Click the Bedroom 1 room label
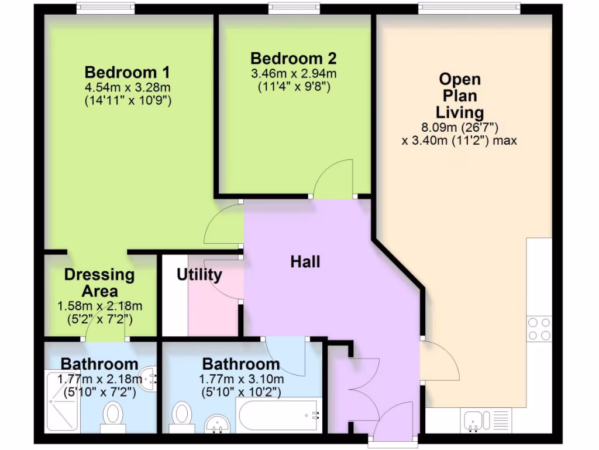[127, 73]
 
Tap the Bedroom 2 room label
[293, 59]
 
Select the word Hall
[305, 262]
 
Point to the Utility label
[199, 275]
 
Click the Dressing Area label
[99, 282]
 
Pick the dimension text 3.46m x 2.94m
[294, 74]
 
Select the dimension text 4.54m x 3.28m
[127, 88]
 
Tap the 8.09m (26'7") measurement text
[459, 127]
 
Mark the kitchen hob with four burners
[539, 329]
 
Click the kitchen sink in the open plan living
[476, 420]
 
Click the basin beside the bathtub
[217, 423]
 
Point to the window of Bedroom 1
[105, 8]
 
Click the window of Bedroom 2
[294, 8]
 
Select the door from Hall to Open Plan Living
[439, 360]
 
